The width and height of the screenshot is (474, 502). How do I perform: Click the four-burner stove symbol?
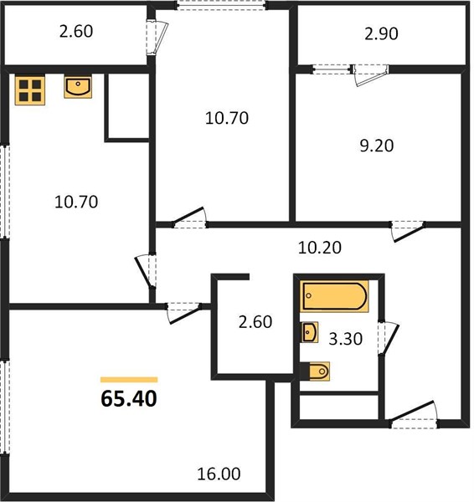(x=30, y=90)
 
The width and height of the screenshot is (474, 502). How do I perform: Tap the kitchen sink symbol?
(x=78, y=87)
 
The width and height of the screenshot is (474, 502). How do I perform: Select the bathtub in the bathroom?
(x=334, y=296)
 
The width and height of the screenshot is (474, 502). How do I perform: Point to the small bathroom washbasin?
(x=310, y=332)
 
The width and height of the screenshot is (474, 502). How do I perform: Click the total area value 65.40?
(x=129, y=399)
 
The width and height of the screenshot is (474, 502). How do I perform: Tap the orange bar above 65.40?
(x=129, y=380)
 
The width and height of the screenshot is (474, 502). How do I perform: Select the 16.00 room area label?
(x=219, y=474)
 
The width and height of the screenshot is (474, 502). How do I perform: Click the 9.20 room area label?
(x=377, y=146)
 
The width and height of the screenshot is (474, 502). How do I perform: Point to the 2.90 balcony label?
(x=381, y=33)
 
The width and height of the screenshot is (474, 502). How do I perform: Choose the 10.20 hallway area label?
(x=320, y=248)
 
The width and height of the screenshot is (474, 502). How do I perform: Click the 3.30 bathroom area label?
(x=346, y=339)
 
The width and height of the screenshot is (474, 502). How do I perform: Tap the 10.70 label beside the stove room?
(x=76, y=202)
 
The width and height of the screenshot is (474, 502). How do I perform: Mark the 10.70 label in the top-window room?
(x=227, y=118)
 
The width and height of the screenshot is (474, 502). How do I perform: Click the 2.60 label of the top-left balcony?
(x=76, y=32)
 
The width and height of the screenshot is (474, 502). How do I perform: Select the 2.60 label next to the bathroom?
(x=255, y=322)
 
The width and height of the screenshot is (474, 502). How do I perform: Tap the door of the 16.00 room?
(x=183, y=312)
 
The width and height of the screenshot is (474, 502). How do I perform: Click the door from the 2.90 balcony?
(x=370, y=74)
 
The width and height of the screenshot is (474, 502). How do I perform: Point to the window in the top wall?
(x=222, y=6)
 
